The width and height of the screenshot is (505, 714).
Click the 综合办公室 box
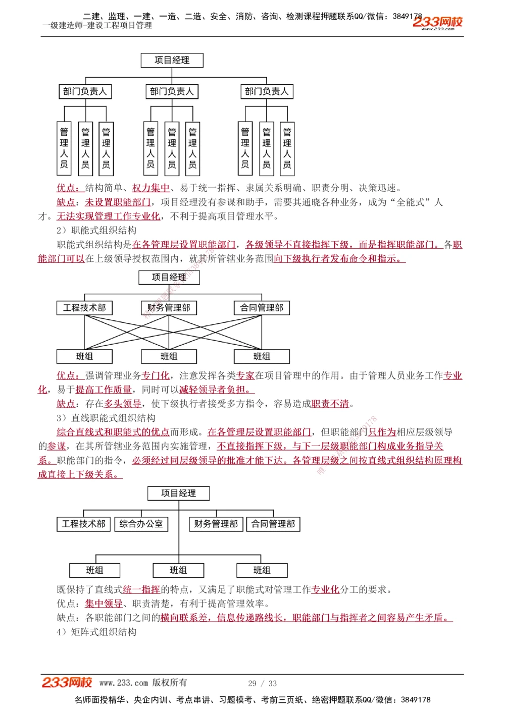[x=141, y=524]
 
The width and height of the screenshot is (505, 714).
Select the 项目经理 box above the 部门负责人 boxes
[x=172, y=61]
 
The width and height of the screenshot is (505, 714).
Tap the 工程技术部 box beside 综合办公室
[x=84, y=524]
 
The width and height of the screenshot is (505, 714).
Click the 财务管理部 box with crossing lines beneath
[x=169, y=308]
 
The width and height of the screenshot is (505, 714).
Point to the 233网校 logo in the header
[x=437, y=22]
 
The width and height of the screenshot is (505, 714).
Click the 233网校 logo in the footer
[x=67, y=683]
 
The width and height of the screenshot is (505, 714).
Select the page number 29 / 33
[x=262, y=683]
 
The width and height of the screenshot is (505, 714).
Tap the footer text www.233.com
[x=123, y=683]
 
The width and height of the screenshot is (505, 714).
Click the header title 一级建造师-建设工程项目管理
[x=97, y=25]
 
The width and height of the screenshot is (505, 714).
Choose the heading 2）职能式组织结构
[x=96, y=231]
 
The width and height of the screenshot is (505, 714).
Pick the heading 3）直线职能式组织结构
[x=106, y=418]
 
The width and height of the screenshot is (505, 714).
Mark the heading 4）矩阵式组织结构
[x=96, y=632]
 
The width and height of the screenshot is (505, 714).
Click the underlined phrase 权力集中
[x=150, y=188]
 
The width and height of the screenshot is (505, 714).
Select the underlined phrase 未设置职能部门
[x=118, y=202]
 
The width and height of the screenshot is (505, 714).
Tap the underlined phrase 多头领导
[x=123, y=404]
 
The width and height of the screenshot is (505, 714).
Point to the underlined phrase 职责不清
[x=330, y=404]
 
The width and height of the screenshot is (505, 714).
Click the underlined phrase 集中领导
[x=104, y=603]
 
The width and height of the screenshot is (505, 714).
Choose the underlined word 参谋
[x=57, y=446]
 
